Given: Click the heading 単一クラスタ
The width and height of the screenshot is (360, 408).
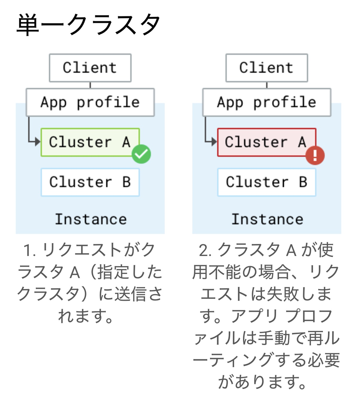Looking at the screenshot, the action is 88,24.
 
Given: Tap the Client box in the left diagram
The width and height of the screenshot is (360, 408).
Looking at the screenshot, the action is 90,68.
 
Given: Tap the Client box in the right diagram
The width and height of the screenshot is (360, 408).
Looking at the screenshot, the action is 267,68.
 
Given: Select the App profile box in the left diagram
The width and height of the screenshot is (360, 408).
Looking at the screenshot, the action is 90,102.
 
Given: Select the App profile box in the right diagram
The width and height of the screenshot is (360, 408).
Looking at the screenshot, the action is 267,102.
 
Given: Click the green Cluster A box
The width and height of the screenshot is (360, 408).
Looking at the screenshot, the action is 90,142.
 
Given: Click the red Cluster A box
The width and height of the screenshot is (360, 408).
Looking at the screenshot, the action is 267,142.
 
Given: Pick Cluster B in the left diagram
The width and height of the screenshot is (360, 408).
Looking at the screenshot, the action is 90,182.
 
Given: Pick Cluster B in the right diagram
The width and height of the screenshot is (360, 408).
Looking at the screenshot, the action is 267,182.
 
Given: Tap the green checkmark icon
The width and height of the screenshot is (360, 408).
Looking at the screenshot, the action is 141,154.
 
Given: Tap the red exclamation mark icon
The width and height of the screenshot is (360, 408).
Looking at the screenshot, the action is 315,155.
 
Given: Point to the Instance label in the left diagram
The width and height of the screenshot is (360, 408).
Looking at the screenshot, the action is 91,219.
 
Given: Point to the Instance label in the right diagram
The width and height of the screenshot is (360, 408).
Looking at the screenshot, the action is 267,219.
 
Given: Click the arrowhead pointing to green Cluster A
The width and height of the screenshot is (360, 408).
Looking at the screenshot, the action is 38,141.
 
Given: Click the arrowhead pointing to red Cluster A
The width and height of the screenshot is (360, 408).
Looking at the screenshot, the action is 214,141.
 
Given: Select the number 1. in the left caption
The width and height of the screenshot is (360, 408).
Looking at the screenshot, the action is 30,250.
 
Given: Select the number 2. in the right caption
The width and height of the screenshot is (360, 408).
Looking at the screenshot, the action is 206,250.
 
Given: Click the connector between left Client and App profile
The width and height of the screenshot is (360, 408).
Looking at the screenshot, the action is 90,85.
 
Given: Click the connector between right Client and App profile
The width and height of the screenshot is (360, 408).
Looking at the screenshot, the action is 267,85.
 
